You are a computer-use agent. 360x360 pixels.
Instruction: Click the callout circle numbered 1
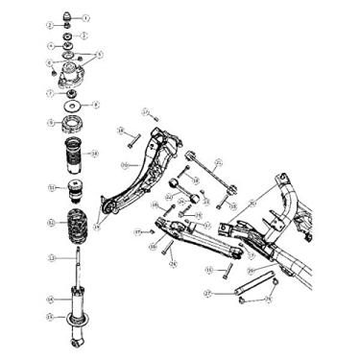(x=85, y=17)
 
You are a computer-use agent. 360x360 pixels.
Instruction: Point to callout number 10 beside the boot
(x=94, y=153)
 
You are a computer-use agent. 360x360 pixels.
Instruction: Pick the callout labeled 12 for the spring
(x=51, y=223)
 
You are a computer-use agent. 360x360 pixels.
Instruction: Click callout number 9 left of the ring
(x=50, y=123)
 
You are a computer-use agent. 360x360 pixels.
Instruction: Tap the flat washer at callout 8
(x=73, y=105)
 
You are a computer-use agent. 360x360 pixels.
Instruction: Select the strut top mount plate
(x=69, y=78)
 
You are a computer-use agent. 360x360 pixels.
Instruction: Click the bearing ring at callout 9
(x=72, y=124)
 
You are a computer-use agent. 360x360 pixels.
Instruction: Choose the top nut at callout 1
(x=67, y=16)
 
